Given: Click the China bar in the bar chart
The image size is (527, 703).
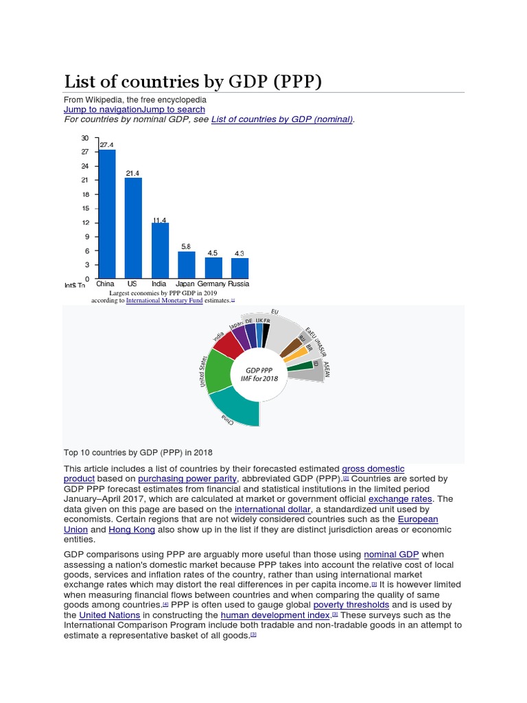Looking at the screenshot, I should tap(106, 214).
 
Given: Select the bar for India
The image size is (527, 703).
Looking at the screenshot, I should tap(160, 251).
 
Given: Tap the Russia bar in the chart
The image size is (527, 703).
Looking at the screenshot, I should tap(239, 268).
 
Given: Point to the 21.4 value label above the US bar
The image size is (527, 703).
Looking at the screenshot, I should tap(132, 172).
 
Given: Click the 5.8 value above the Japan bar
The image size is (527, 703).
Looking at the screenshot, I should tap(186, 246).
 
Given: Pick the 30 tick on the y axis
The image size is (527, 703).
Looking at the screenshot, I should tap(85, 138).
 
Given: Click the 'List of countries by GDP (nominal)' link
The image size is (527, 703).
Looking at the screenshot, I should tap(281, 119).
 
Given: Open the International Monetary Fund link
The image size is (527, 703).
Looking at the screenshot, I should tap(165, 300).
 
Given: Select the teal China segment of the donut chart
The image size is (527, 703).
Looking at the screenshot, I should tap(237, 411).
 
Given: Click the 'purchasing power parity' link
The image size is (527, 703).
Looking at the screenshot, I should tap(187, 479).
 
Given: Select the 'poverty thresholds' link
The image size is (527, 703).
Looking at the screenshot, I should tap(351, 605).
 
